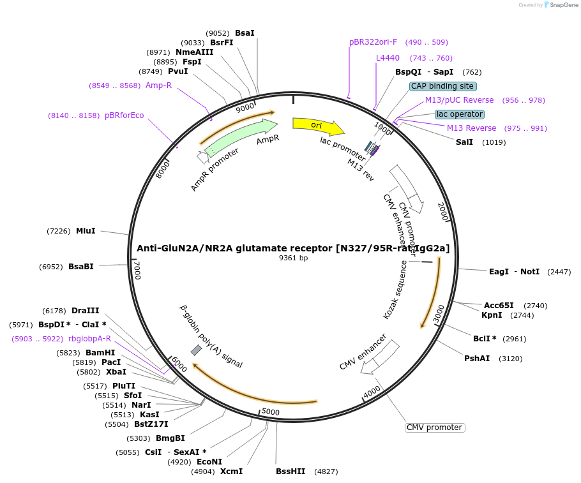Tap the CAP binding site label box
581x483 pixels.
pyautogui.click(x=442, y=86)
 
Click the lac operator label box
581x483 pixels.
pyautogui.click(x=460, y=114)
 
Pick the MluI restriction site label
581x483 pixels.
pyautogui.click(x=86, y=231)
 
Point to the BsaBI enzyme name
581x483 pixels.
pyautogui.click(x=81, y=267)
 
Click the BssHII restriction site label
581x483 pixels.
pyautogui.click(x=290, y=472)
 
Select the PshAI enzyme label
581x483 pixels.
pyautogui.click(x=477, y=358)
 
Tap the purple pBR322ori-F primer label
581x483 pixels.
pyautogui.click(x=373, y=42)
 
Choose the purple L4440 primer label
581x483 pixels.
pyautogui.click(x=388, y=58)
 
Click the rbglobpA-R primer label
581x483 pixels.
pyautogui.click(x=89, y=339)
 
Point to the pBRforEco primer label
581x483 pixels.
pyautogui.click(x=124, y=115)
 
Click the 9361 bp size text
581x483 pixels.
pyautogui.click(x=294, y=258)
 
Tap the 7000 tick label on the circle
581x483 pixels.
pyautogui.click(x=137, y=270)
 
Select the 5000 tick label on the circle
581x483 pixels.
pyautogui.click(x=271, y=412)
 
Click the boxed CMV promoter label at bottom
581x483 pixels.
pyautogui.click(x=434, y=427)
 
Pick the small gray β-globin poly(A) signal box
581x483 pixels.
pyautogui.click(x=197, y=350)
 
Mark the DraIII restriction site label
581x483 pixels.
pyautogui.click(x=85, y=311)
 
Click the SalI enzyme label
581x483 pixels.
pyautogui.click(x=464, y=142)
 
